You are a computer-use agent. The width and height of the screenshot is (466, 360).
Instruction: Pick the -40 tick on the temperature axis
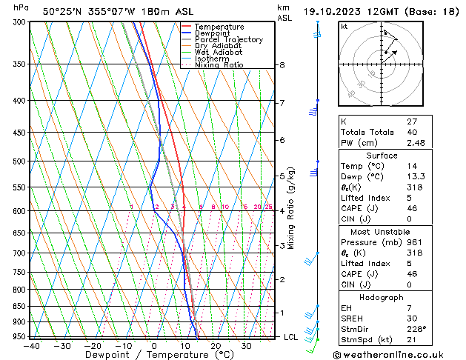pyautogui.click(x=31, y=346)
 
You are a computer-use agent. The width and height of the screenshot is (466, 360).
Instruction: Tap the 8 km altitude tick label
pyautogui.click(x=282, y=65)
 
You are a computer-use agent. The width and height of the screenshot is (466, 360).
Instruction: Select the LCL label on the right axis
pyautogui.click(x=292, y=337)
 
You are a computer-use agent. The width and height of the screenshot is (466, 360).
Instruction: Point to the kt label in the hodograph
pyautogui.click(x=344, y=26)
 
